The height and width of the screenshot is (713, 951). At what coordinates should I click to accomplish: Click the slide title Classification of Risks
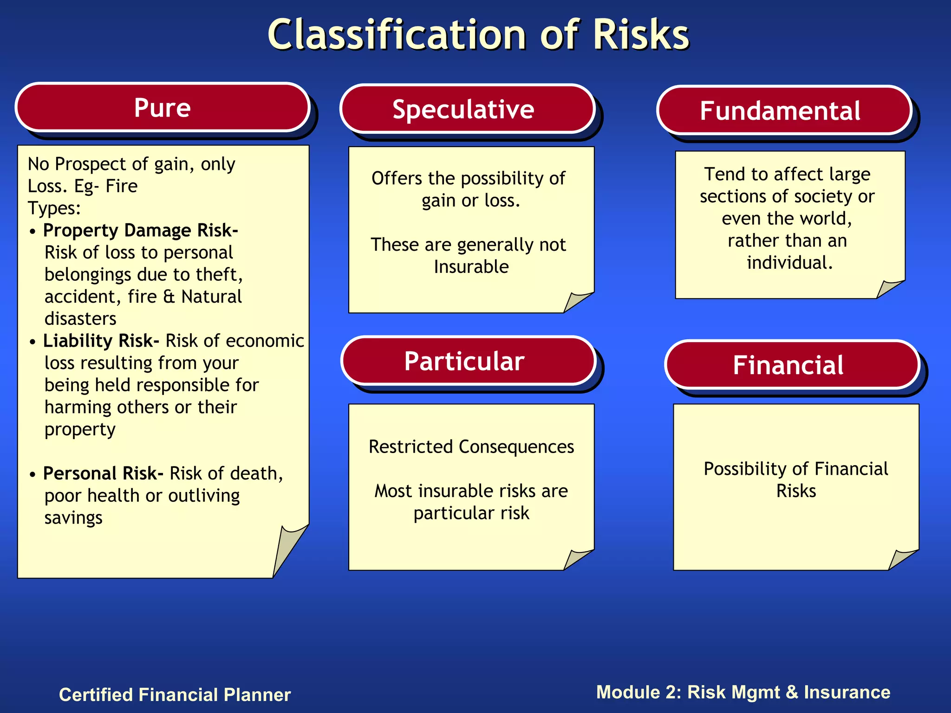click(478, 35)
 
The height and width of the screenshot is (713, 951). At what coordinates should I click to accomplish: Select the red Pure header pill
click(163, 108)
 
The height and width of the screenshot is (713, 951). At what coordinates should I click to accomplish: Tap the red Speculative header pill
click(467, 110)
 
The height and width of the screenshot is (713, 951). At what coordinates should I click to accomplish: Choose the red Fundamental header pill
click(784, 110)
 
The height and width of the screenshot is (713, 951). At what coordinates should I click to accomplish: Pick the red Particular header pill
click(468, 361)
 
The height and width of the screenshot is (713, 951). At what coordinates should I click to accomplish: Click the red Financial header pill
click(791, 365)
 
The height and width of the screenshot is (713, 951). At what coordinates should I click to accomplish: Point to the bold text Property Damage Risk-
click(140, 230)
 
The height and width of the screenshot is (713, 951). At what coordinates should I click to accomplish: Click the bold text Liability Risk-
click(101, 341)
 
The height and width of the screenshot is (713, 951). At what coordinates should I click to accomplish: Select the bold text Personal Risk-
click(103, 473)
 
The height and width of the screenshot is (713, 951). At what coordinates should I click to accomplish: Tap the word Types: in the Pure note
click(54, 208)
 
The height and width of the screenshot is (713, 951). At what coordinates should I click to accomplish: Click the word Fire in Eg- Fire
click(121, 186)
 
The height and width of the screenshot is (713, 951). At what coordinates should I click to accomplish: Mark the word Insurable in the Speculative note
click(471, 267)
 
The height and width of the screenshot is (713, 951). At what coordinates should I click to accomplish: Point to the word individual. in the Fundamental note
click(789, 263)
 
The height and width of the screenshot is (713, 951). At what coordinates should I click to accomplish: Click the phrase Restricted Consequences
click(471, 447)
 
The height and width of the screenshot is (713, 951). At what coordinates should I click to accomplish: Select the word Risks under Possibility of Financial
click(796, 491)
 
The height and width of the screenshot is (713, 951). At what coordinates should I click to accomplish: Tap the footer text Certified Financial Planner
click(175, 695)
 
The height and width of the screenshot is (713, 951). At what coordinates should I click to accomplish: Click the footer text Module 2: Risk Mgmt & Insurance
click(743, 692)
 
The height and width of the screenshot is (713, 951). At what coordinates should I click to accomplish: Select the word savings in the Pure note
click(73, 518)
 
